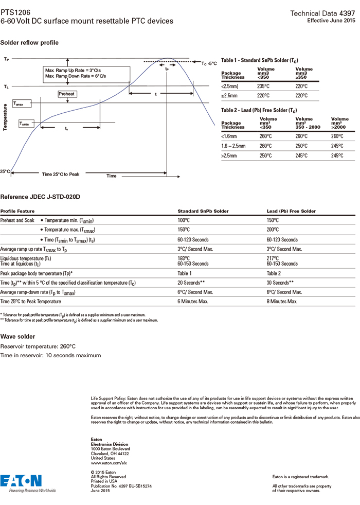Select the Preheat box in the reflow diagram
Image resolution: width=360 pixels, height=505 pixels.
pos(67,94)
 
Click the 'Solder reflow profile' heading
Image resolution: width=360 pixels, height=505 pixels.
pos(29,42)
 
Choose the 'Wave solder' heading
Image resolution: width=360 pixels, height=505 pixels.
pos(18,337)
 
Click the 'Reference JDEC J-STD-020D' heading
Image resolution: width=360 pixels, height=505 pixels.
pos(41,197)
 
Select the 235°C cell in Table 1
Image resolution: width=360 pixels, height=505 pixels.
pos(264,86)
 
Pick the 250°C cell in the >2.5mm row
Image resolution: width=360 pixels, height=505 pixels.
pos(264,155)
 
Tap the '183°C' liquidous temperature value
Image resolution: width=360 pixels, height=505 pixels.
pos(184,258)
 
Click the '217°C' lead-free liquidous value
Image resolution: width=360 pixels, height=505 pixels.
pos(273,258)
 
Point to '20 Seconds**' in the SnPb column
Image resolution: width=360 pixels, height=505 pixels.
pos(191,283)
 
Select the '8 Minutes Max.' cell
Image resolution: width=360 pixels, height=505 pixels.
pos(282,301)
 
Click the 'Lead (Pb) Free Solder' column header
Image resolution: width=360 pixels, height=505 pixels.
pos(291,211)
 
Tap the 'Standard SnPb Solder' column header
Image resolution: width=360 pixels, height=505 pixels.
pos(203,211)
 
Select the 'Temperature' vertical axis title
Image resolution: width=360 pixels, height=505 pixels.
pos(5,118)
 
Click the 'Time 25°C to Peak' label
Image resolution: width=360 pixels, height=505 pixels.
pos(61,175)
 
